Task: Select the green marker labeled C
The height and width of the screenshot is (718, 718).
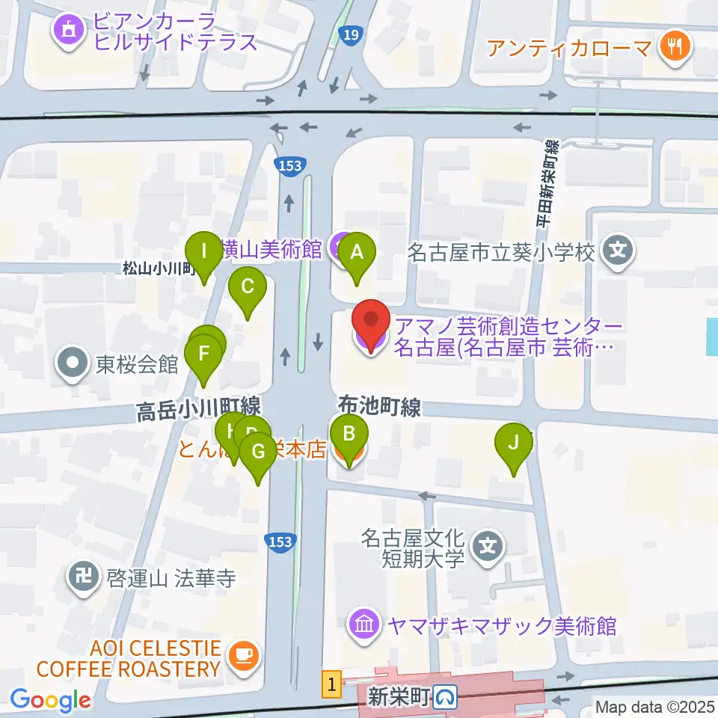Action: tap(248, 286)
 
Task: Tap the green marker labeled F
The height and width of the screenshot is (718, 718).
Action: tap(203, 352)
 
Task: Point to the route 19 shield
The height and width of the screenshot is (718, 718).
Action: tap(349, 34)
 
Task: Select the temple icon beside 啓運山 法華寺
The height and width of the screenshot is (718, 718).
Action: tap(79, 577)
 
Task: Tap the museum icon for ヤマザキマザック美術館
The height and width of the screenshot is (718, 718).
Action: tap(363, 625)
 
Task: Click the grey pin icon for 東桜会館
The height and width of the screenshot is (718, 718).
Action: tap(73, 364)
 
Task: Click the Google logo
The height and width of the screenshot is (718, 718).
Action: tap(51, 701)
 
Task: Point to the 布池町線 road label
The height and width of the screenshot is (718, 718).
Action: tap(379, 407)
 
